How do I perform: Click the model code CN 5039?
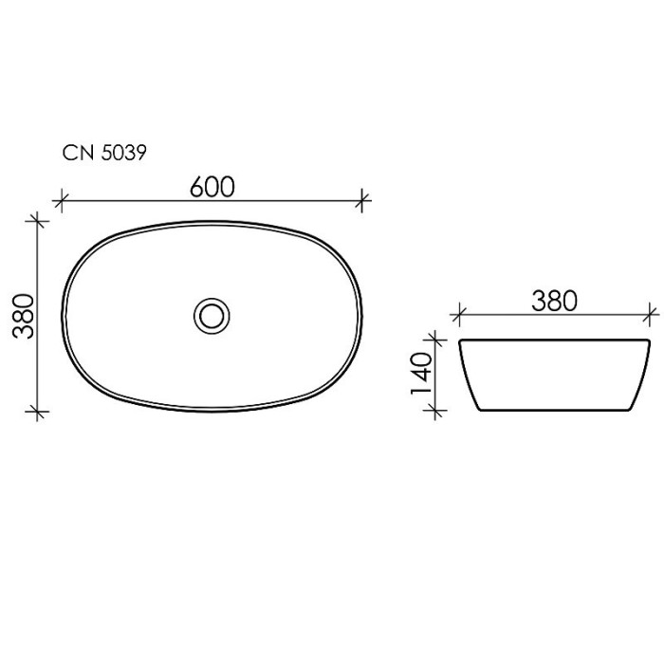tap(103, 153)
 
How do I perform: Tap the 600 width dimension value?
tap(211, 186)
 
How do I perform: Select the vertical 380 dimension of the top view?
tap(25, 317)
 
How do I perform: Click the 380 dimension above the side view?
tap(553, 301)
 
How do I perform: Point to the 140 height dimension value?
tap(422, 374)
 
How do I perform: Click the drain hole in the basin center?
tap(211, 314)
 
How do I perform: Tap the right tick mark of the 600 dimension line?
tap(364, 199)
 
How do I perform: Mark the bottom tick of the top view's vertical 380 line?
tap(38, 411)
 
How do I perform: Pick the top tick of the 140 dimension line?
tap(435, 338)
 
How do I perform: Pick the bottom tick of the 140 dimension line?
tap(435, 410)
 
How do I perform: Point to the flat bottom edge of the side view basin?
tap(555, 412)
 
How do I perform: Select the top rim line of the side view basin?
tap(555, 339)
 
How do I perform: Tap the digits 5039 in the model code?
tap(122, 153)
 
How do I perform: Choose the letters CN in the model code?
tap(76, 153)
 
